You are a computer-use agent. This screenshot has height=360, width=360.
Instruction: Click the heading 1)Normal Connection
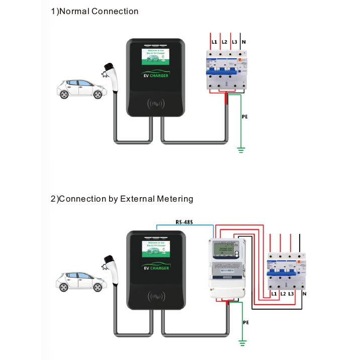(95, 11)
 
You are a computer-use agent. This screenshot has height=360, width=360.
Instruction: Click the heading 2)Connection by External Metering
(122, 199)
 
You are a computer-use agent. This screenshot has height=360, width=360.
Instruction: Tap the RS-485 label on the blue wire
(183, 222)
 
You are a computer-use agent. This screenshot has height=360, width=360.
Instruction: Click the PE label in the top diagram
(245, 117)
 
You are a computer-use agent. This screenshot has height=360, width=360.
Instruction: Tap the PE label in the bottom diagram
(245, 322)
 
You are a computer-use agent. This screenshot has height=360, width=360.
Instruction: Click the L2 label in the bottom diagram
(283, 293)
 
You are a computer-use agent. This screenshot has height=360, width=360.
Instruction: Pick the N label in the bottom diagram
(305, 293)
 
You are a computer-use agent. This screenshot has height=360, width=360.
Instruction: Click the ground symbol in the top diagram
(240, 149)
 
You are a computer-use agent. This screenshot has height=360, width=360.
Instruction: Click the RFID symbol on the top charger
(156, 104)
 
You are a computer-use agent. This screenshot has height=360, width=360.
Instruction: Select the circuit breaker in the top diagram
(226, 71)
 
